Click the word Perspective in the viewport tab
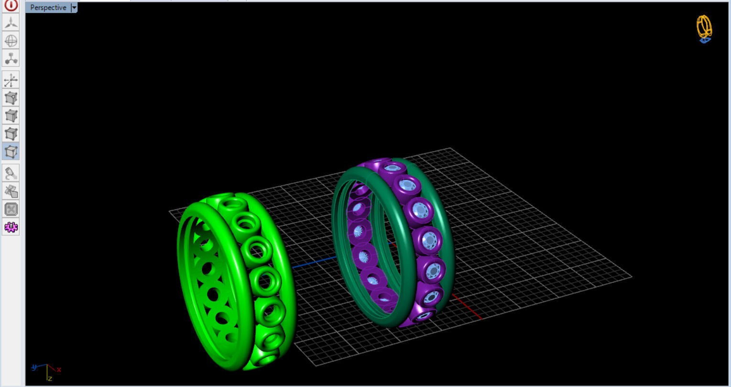pyautogui.click(x=48, y=8)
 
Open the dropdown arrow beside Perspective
pyautogui.click(x=74, y=8)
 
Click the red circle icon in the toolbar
pyautogui.click(x=11, y=5)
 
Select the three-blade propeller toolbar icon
pyautogui.click(x=11, y=22)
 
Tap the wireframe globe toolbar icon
pyautogui.click(x=11, y=41)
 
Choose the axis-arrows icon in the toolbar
pyautogui.click(x=11, y=79)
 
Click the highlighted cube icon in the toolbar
pyautogui.click(x=11, y=152)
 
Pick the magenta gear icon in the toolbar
pyautogui.click(x=11, y=227)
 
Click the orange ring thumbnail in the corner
pyautogui.click(x=704, y=28)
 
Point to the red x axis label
pyautogui.click(x=59, y=369)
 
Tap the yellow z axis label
pyautogui.click(x=50, y=378)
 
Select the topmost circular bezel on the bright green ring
pyautogui.click(x=233, y=203)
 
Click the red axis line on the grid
pyautogui.click(x=466, y=307)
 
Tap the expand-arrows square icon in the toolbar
pyautogui.click(x=11, y=209)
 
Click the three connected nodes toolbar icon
pyautogui.click(x=11, y=58)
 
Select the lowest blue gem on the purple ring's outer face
pyautogui.click(x=423, y=315)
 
